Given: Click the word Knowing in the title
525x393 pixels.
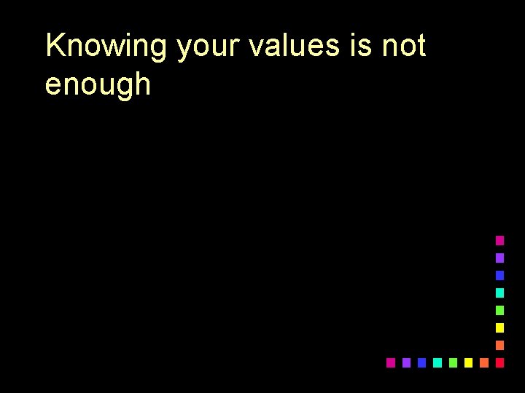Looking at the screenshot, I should pos(106,47).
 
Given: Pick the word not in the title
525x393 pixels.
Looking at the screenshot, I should pos(403,47).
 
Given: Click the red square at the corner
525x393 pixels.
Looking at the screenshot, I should pos(499,362).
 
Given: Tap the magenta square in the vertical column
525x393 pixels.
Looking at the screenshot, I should pos(499,240).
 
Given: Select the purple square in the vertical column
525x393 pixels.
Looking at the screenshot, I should pos(499,258).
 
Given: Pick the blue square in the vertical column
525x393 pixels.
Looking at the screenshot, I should pos(499,275).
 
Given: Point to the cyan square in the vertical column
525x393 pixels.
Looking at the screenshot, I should pos(499,293).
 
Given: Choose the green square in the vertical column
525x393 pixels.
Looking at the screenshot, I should pos(499,310).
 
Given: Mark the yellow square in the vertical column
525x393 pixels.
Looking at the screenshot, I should pos(499,327).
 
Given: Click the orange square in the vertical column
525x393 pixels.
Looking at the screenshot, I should pos(499,345).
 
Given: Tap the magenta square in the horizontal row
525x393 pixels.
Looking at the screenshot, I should pos(391,362).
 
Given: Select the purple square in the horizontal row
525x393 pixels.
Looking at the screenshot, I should pos(406,362).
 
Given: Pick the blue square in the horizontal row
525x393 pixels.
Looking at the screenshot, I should pos(421,362).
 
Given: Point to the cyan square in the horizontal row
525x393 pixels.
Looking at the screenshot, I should pos(437,362).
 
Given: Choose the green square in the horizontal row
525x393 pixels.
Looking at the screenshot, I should pos(453,362).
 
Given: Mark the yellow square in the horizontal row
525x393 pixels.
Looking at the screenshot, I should pos(468,362).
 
